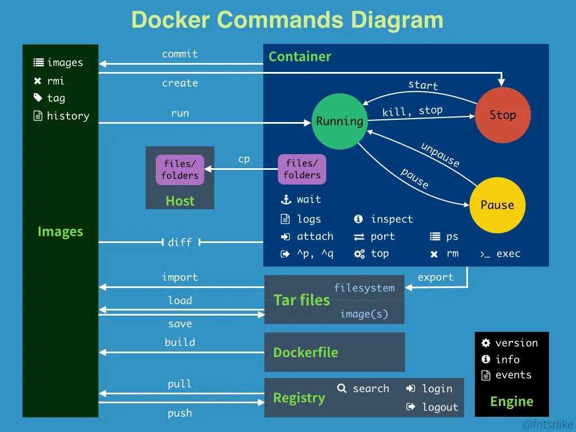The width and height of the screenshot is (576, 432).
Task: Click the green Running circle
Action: click(x=339, y=121)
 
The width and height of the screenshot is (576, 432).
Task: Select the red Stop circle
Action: click(x=502, y=115)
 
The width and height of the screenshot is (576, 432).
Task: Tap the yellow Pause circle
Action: click(x=497, y=205)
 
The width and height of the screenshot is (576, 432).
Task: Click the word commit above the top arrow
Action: click(x=180, y=54)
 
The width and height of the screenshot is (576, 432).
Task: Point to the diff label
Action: click(x=180, y=242)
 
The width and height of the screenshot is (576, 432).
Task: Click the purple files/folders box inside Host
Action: click(x=180, y=169)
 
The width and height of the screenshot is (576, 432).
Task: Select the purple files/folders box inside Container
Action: click(x=302, y=169)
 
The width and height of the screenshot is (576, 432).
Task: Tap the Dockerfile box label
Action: click(x=305, y=353)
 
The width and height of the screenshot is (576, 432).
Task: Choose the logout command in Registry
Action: click(x=440, y=407)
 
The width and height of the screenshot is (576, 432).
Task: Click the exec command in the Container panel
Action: click(x=508, y=254)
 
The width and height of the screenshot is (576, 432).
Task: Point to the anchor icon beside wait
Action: click(x=286, y=200)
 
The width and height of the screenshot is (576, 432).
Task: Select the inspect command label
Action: click(x=391, y=219)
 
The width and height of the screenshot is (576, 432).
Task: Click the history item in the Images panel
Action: click(x=68, y=116)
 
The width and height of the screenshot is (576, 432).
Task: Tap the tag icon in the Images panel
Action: click(x=38, y=98)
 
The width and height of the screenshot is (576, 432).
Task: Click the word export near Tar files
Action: click(x=435, y=277)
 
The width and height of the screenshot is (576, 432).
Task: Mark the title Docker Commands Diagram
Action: click(x=287, y=20)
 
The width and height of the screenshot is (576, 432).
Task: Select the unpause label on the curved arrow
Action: click(x=440, y=155)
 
